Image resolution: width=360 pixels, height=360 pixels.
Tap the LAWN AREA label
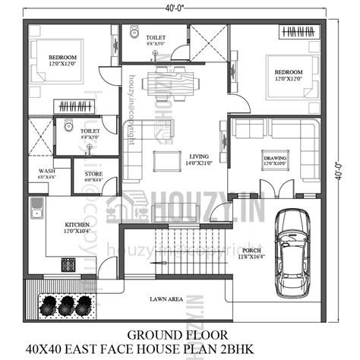click(x=166, y=299)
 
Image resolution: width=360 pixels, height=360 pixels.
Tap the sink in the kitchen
click(x=35, y=207)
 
